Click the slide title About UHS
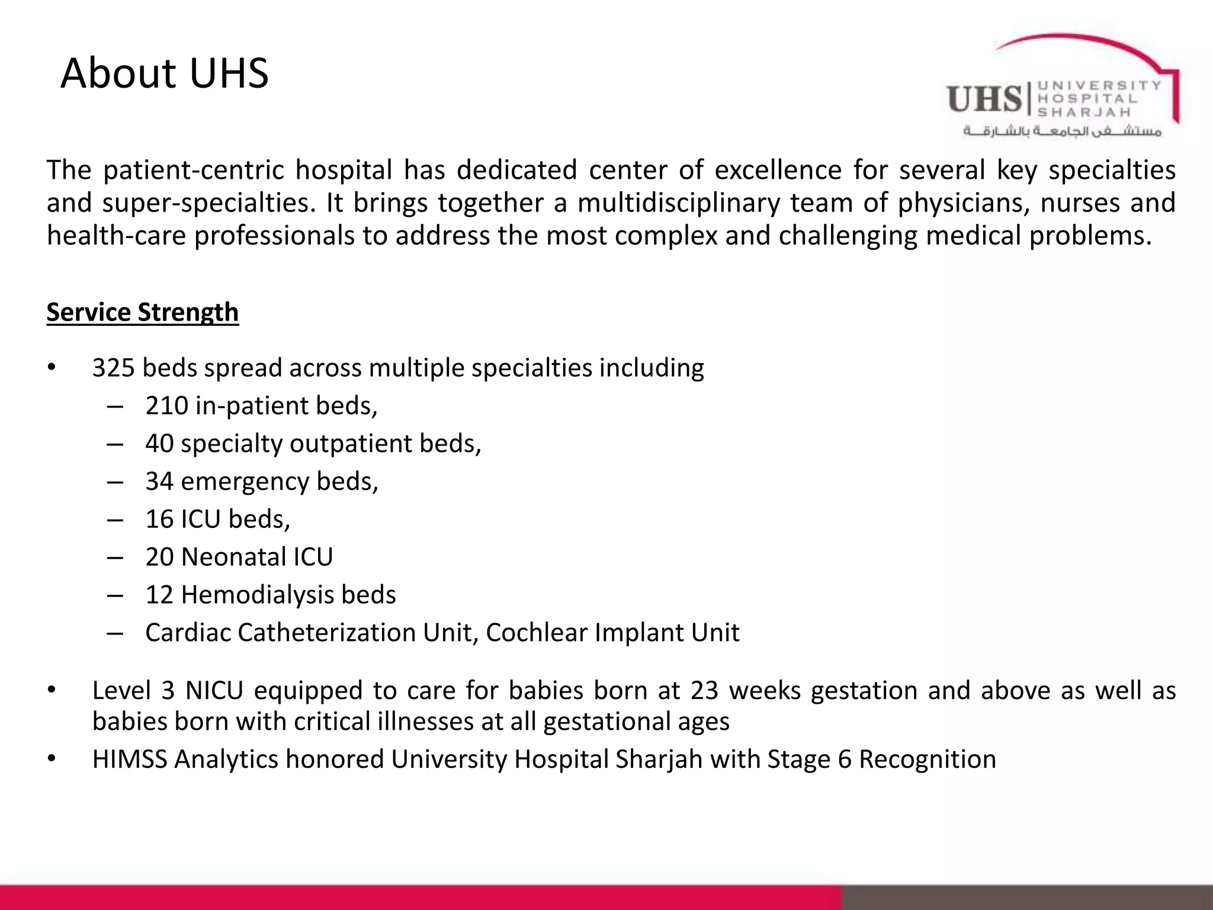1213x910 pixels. pyautogui.click(x=165, y=73)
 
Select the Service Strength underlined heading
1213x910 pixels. pyautogui.click(x=142, y=312)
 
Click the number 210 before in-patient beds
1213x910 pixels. pyautogui.click(x=166, y=406)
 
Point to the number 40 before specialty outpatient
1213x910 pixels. pyautogui.click(x=159, y=444)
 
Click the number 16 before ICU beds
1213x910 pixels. pyautogui.click(x=159, y=520)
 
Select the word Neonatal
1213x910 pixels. pyautogui.click(x=225, y=557)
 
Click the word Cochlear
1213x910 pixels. pyautogui.click(x=536, y=633)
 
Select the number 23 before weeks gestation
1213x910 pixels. pyautogui.click(x=704, y=691)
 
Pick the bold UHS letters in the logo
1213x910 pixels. pyautogui.click(x=984, y=99)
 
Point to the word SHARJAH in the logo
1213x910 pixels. pyautogui.click(x=1083, y=112)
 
